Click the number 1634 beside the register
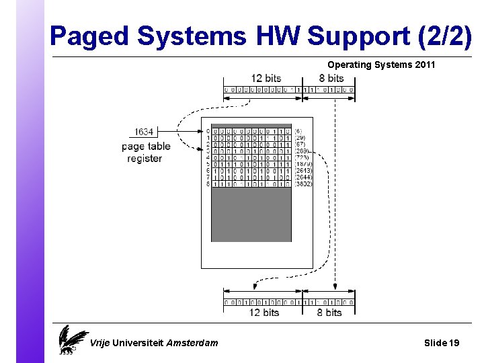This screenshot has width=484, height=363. click(144, 132)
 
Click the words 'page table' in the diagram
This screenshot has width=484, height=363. click(146, 146)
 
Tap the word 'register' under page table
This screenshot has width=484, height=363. click(145, 159)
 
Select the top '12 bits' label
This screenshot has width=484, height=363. click(266, 79)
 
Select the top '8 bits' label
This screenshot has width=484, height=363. click(331, 79)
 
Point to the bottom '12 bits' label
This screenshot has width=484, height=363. click(264, 313)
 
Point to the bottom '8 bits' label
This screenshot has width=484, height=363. click(329, 313)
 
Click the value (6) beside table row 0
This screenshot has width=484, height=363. click(298, 131)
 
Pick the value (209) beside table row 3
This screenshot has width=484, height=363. click(300, 151)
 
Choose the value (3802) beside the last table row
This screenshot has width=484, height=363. click(303, 184)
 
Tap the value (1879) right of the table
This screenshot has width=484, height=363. click(303, 164)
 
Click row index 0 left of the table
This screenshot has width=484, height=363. click(208, 131)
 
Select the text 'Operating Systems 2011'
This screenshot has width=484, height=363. click(381, 65)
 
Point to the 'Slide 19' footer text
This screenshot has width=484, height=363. click(442, 343)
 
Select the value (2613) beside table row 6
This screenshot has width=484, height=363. click(303, 171)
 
